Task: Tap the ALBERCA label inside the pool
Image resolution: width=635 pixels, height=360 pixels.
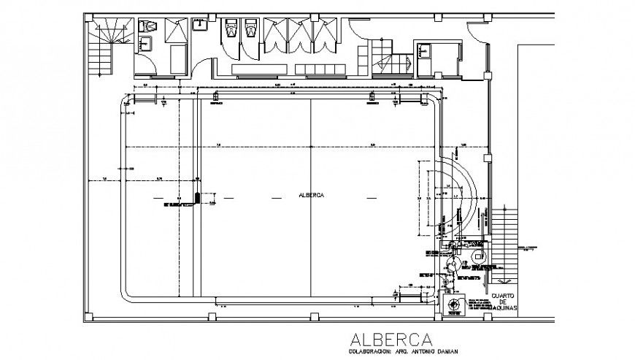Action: coord(312,196)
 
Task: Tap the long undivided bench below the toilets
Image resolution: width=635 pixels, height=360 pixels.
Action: coord(260,69)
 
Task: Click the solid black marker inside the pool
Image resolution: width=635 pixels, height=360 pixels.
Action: coord(198,196)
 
